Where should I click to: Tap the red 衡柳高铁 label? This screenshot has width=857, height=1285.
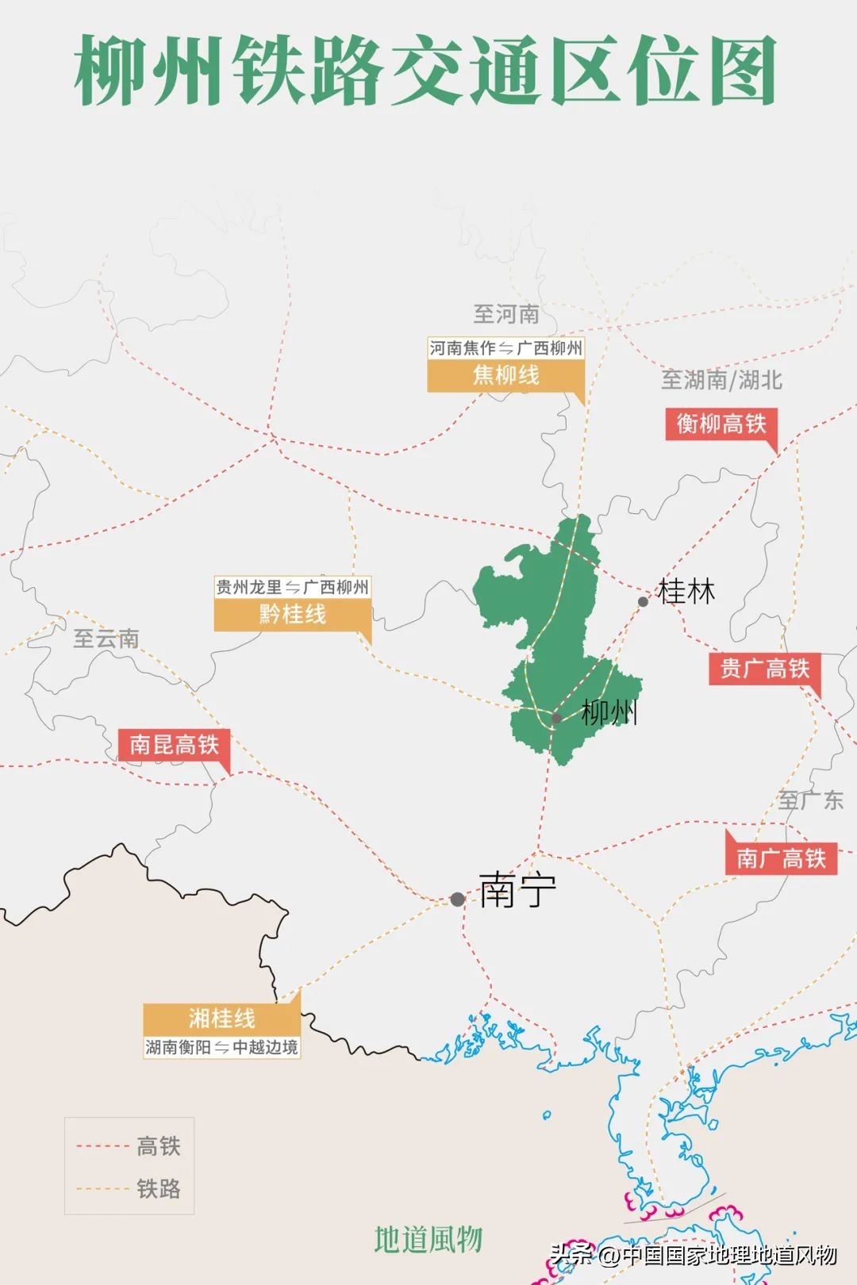[721, 424]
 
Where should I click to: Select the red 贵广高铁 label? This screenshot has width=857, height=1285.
[764, 669]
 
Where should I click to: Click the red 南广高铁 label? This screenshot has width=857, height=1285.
[781, 858]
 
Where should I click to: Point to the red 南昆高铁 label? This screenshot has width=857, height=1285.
[174, 745]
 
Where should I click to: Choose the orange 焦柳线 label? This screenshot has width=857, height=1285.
[505, 375]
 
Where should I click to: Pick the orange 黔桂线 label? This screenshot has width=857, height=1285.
[292, 614]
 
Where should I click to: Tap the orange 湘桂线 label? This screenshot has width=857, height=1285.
[221, 1018]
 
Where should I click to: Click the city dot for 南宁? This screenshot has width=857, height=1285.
[458, 899]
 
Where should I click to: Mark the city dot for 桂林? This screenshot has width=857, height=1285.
[644, 601]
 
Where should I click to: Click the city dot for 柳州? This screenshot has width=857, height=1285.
[557, 719]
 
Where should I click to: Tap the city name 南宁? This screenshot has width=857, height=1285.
[517, 890]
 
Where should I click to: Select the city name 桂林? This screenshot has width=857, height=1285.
[686, 592]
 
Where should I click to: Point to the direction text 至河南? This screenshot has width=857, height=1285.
[506, 314]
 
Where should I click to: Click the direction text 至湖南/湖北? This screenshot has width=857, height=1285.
[721, 380]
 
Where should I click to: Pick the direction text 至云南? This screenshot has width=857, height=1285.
[106, 639]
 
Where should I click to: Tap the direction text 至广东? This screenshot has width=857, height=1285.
[810, 800]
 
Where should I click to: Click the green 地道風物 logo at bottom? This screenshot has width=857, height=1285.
[428, 1239]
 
